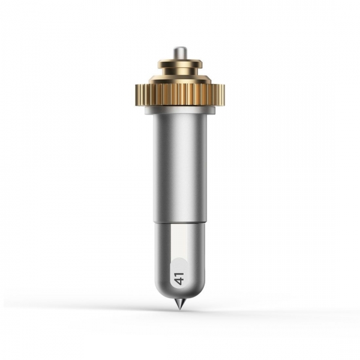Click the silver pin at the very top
point(180,53)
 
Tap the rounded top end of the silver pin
point(180,48)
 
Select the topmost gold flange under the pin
point(180,63)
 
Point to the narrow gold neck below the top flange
point(180,72)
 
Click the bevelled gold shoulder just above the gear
point(180,79)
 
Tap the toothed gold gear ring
point(180,95)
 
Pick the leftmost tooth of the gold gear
point(137,95)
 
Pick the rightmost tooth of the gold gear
point(223,95)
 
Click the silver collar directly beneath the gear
point(180,110)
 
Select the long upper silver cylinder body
point(180,167)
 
